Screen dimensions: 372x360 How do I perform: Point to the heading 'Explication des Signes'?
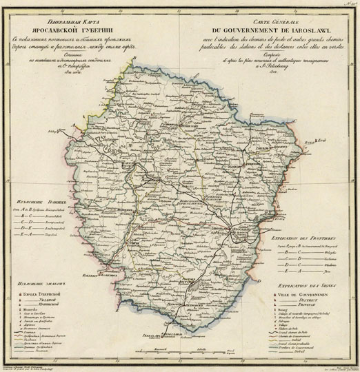[308, 283]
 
